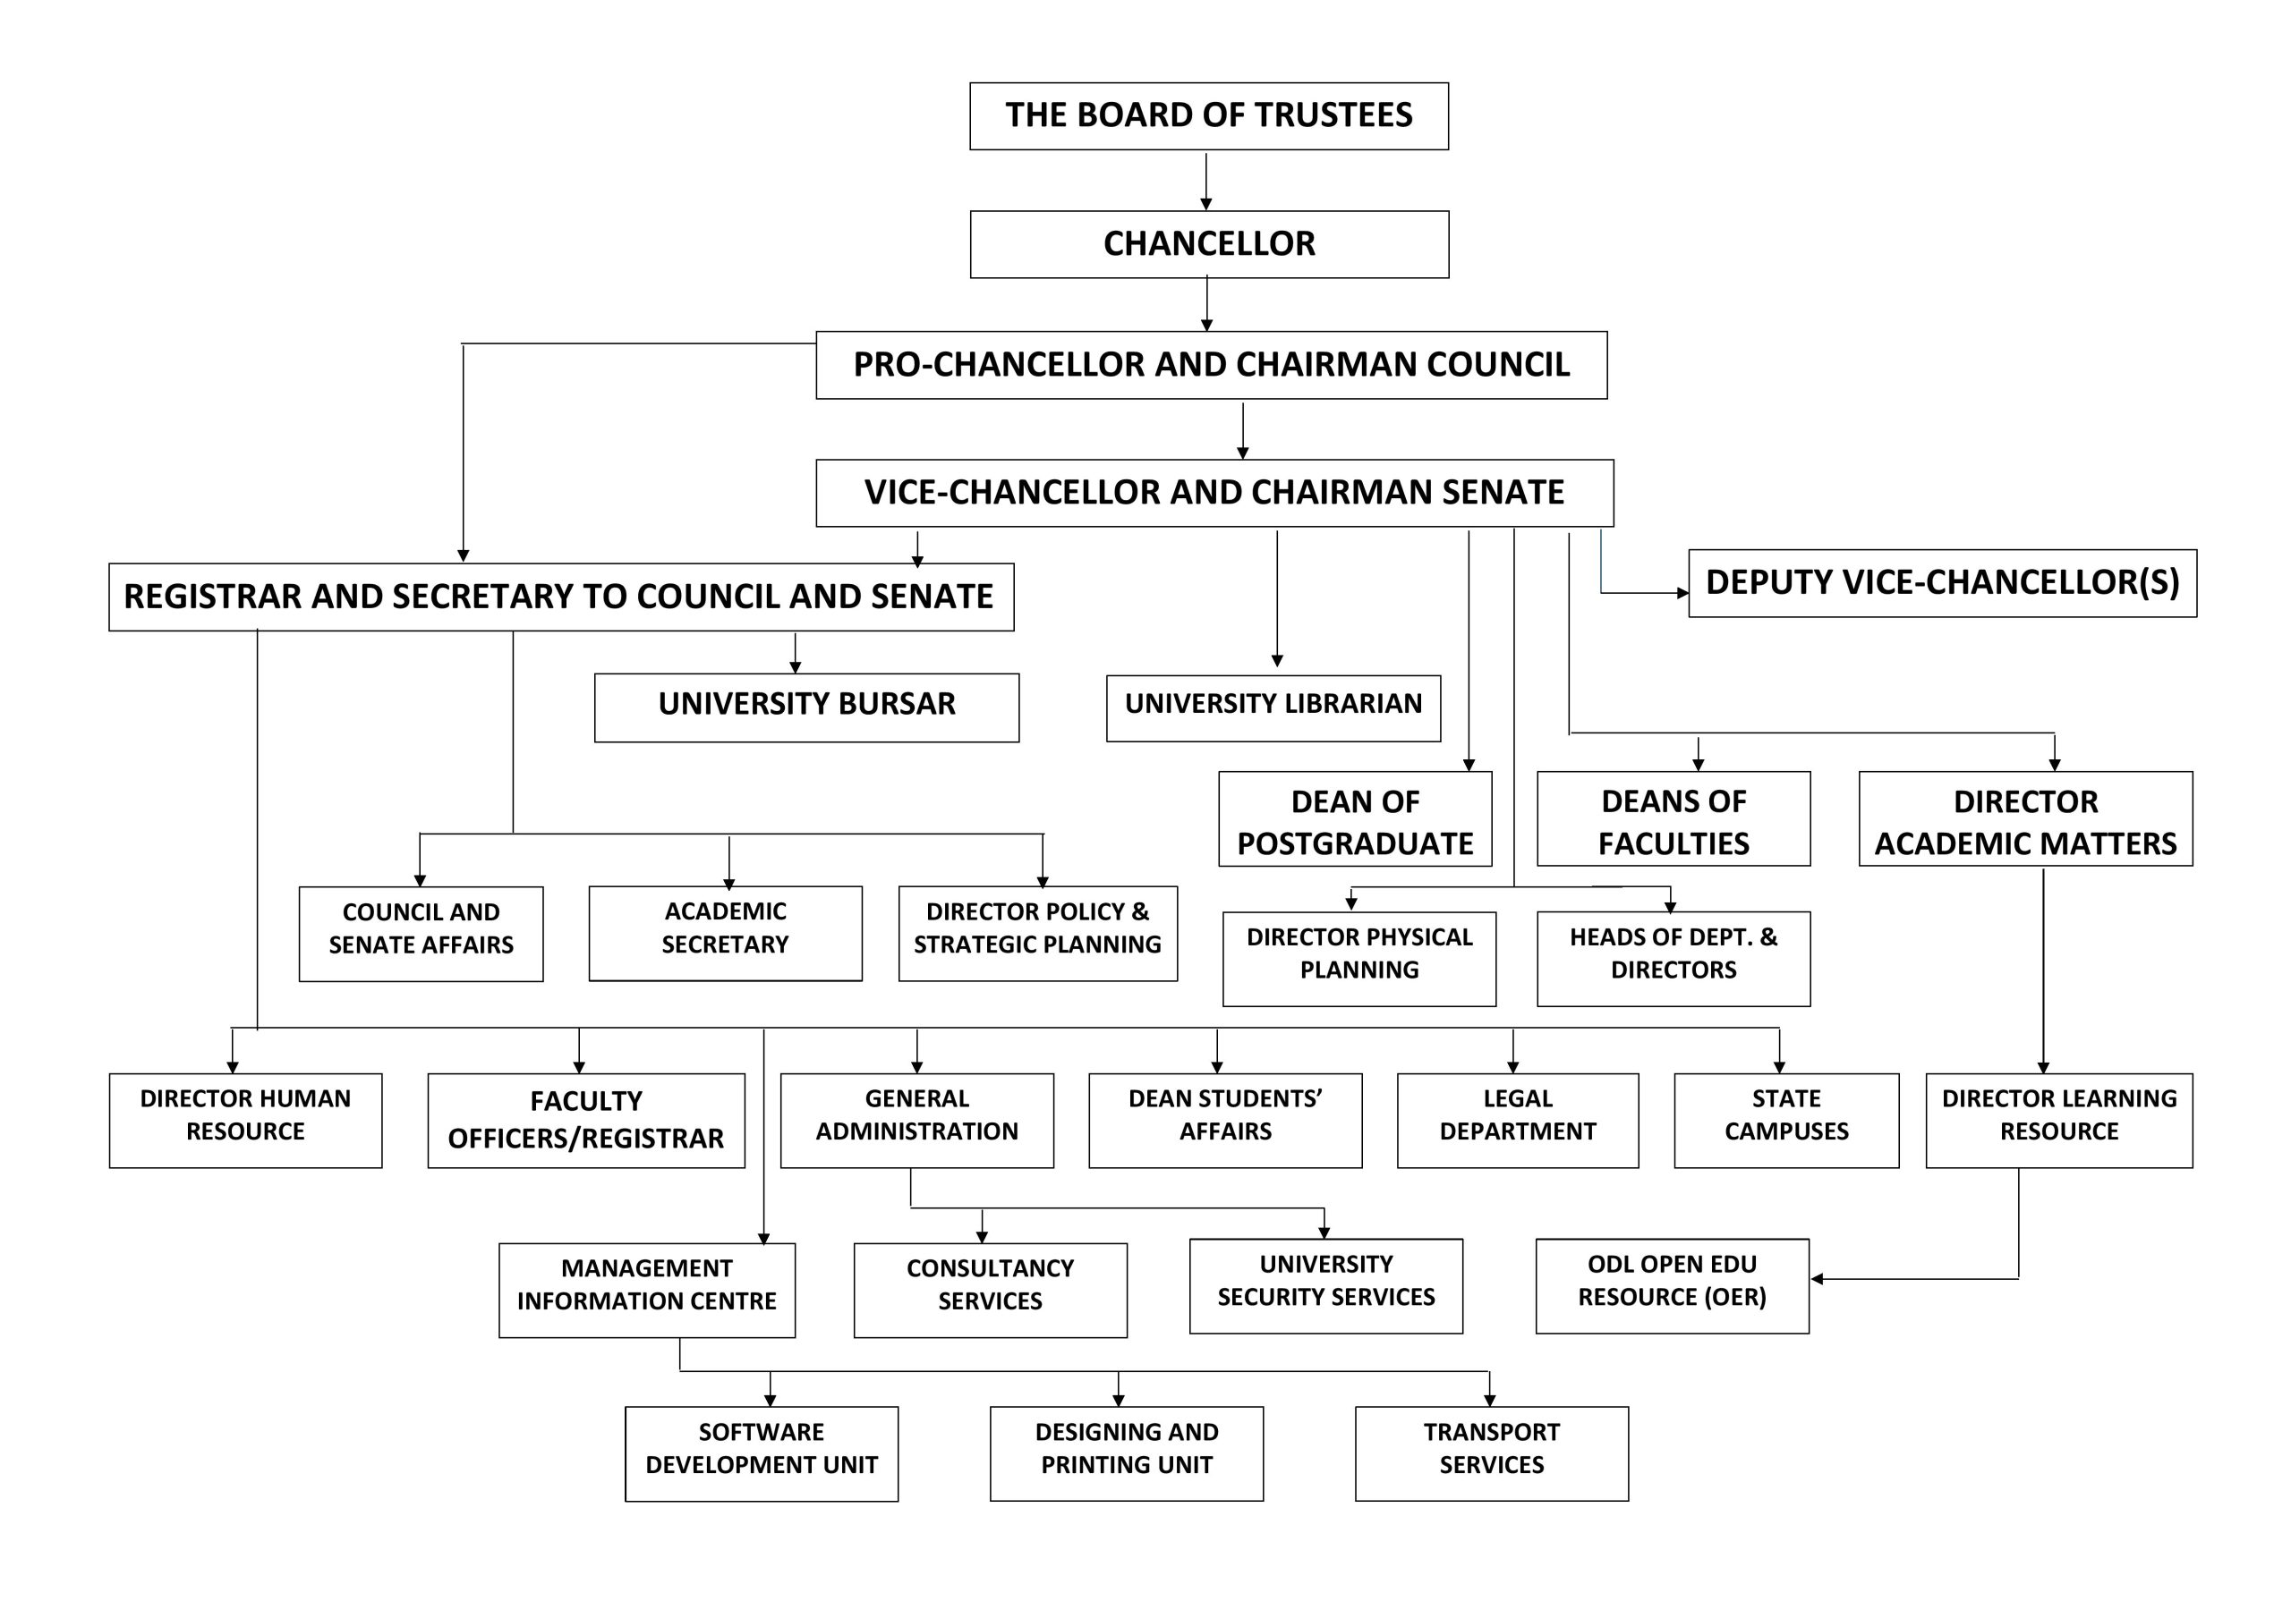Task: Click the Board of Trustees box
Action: pos(1208,115)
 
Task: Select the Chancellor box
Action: pos(1208,243)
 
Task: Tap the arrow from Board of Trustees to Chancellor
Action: pos(1205,181)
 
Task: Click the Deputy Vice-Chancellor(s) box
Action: pos(1942,582)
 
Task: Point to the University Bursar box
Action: pos(806,707)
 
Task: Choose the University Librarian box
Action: pos(1273,707)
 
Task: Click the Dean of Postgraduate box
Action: pos(1354,820)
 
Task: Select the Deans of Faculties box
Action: pos(1673,820)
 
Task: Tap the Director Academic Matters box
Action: pos(2024,820)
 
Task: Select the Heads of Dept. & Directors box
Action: pos(1673,958)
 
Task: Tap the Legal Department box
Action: pos(1517,1119)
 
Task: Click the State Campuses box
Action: pos(1785,1119)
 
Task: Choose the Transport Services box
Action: pos(1491,1453)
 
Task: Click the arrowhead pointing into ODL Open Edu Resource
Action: pos(1817,1279)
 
